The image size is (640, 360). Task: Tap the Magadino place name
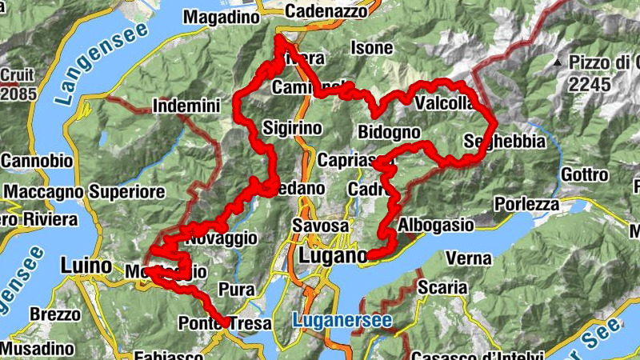[x=222, y=16]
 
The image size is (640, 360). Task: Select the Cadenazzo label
[x=326, y=11]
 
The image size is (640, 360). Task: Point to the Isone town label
[x=372, y=49]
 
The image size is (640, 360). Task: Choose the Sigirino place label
[x=292, y=128]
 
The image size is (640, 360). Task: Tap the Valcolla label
[x=445, y=103]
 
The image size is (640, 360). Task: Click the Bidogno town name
[x=390, y=131]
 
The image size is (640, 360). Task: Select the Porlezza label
[x=526, y=204]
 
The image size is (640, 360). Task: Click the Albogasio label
[x=435, y=225]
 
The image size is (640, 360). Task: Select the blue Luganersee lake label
[x=342, y=321]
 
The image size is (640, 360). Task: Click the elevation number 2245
[x=590, y=84]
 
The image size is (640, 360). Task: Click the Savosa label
[x=319, y=226]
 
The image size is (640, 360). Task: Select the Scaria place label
[x=441, y=286]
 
